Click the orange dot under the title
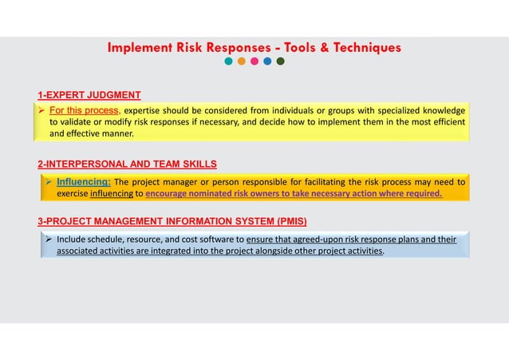[x=242, y=61]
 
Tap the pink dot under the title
[x=254, y=61]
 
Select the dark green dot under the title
[x=280, y=61]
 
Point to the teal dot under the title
[x=229, y=61]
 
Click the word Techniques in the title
[x=362, y=48]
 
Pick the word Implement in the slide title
[x=140, y=48]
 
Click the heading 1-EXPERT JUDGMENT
[x=89, y=95]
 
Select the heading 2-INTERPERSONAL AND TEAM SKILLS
[x=127, y=164]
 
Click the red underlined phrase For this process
[x=85, y=109]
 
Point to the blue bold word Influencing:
[x=83, y=180]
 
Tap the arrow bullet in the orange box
[x=49, y=180]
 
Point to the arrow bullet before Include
[x=49, y=239]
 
